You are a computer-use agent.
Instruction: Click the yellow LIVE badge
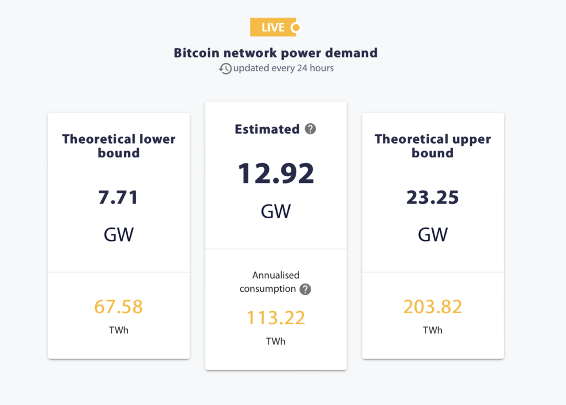[x=275, y=27]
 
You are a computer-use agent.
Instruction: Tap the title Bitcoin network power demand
[x=276, y=53]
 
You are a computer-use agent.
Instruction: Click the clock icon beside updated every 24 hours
[x=225, y=69]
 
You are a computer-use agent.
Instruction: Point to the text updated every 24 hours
[x=283, y=69]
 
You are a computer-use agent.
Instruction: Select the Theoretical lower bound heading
[x=119, y=146]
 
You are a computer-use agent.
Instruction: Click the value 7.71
[x=119, y=197]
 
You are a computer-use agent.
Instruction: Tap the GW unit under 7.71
[x=119, y=234]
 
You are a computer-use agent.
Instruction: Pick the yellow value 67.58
[x=119, y=306]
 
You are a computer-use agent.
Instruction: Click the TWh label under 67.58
[x=119, y=330]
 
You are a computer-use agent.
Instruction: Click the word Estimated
[x=267, y=129]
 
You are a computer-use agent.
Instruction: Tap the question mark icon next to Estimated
[x=311, y=129]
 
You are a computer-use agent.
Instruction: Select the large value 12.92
[x=276, y=173]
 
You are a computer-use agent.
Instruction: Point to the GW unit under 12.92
[x=276, y=211]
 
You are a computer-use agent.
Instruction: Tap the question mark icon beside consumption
[x=305, y=289]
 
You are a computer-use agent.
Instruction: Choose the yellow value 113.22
[x=276, y=318]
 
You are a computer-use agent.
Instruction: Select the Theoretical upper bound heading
[x=433, y=146]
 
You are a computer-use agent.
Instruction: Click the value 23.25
[x=433, y=197]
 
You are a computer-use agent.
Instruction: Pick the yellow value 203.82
[x=433, y=306]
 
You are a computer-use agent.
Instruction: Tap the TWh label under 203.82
[x=433, y=330]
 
